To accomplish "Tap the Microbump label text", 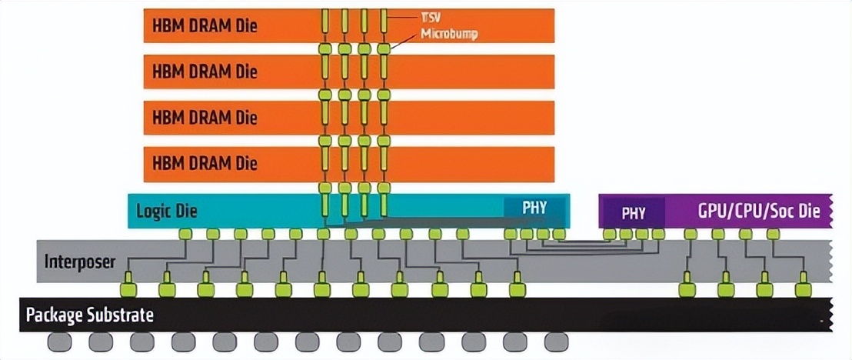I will pos(449,35).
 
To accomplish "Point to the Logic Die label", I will pos(167,210).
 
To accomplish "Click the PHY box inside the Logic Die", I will pos(535,208).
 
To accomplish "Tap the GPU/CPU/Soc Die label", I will pos(758,211).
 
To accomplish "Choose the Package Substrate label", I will pos(90,315).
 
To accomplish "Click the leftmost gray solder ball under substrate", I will pos(59,342).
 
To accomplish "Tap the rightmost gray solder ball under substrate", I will pos(555,342).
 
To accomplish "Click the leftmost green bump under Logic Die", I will pos(185,233).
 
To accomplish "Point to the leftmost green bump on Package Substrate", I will pos(128,289).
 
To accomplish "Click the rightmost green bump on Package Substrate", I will pos(804,289).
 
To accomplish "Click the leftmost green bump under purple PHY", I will pos(610,233).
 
